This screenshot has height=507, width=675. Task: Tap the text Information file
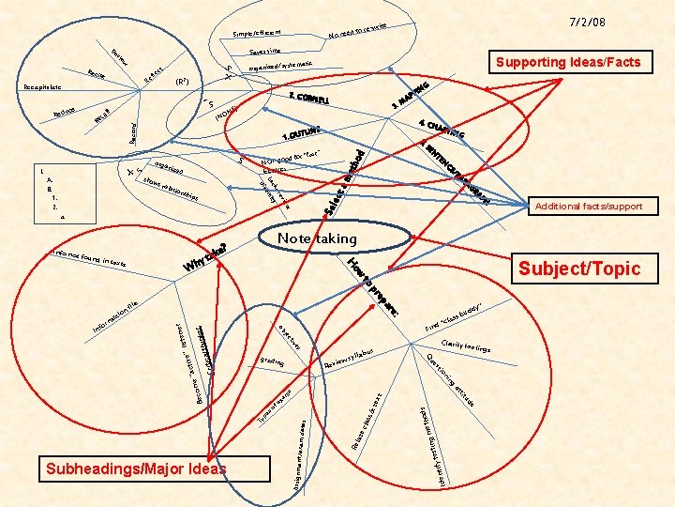click(117, 315)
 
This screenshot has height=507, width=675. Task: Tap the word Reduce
click(64, 114)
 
